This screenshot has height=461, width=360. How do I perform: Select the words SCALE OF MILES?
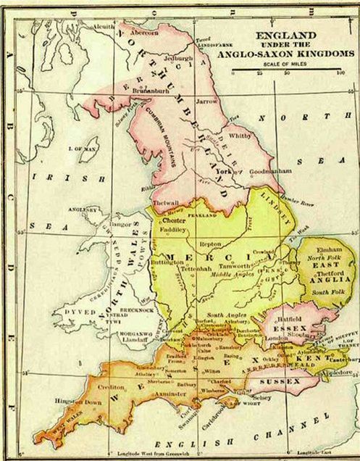pos(287,64)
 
